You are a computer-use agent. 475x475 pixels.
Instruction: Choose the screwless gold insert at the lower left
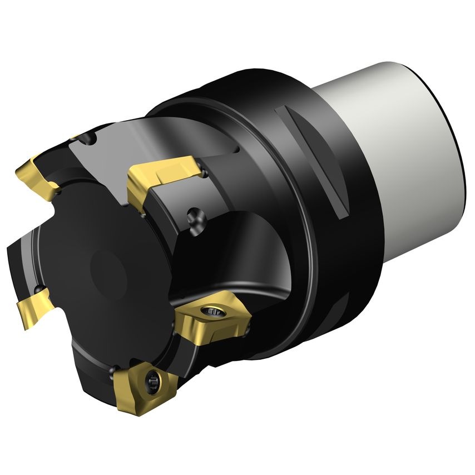33,309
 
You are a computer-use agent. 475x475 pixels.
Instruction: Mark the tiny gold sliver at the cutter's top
76,137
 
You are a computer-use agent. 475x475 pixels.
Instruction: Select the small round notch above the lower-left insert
40,290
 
